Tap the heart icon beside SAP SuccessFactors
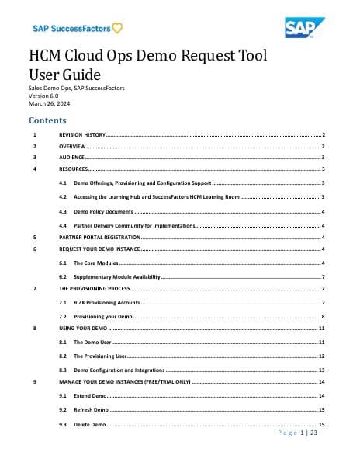(116, 30)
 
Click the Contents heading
(47, 120)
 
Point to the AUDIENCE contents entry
(72, 157)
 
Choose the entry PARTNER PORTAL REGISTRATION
(99, 237)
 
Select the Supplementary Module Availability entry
(116, 276)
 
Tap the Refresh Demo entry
(91, 409)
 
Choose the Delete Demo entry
(89, 425)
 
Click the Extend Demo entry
(90, 396)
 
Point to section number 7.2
(62, 317)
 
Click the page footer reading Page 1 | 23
(298, 433)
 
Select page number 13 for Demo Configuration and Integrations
(321, 370)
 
